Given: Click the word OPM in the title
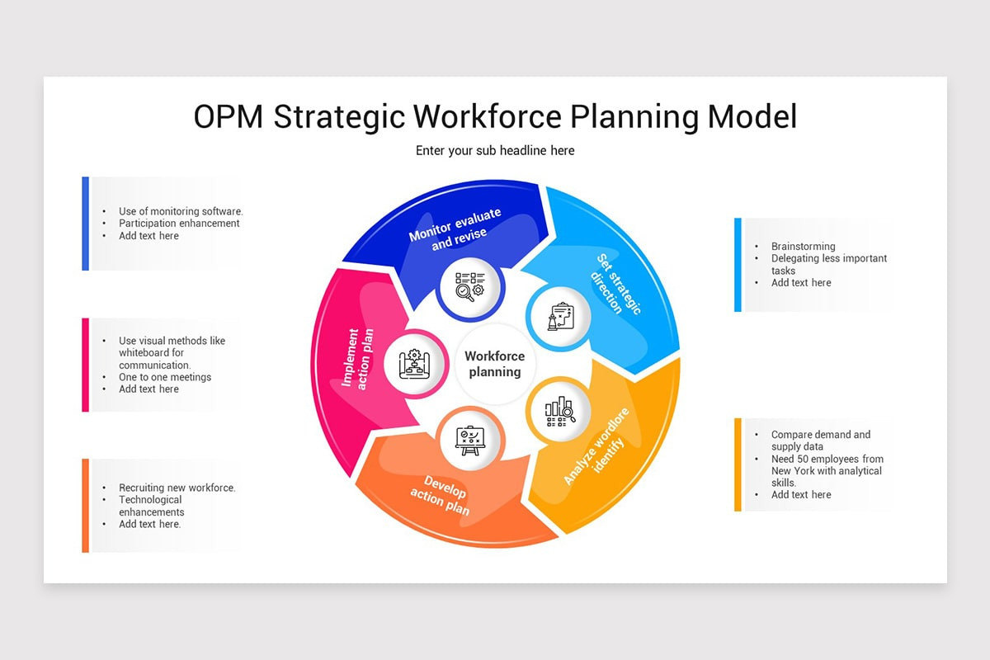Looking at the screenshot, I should [229, 117].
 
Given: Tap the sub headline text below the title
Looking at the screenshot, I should [495, 150].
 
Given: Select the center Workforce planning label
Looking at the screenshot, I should [495, 364].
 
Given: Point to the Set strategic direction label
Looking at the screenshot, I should [616, 285].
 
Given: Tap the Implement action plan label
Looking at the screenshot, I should [358, 359].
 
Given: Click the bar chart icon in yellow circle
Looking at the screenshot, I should [559, 410].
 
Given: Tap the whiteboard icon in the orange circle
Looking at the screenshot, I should [469, 439].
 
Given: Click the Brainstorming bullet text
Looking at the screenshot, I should [803, 246].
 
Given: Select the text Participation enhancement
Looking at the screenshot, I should [179, 224].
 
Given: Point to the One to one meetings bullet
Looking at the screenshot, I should [165, 377].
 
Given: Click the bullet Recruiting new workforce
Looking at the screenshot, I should [177, 488].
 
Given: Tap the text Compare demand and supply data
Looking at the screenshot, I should [820, 441].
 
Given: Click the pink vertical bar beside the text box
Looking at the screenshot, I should [86, 364].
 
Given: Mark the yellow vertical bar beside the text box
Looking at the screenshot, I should [738, 464].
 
